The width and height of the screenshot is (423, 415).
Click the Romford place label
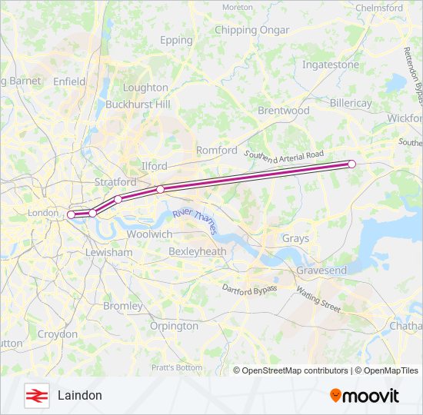point(217,151)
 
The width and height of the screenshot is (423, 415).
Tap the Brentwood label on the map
point(283,111)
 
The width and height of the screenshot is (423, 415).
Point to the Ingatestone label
point(331,65)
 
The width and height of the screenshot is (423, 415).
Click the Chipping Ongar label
point(252,30)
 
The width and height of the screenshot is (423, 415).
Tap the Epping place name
point(176,40)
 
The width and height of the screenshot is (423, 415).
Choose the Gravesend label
point(321,271)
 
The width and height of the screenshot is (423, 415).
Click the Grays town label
point(295,238)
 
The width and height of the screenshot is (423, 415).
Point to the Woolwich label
point(149,234)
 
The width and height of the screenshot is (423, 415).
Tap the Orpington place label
point(175,326)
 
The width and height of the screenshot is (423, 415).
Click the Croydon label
point(58,334)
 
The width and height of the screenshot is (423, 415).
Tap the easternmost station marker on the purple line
point(351,164)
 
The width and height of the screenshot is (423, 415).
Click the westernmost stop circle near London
point(71,215)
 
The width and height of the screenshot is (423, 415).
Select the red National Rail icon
point(36,395)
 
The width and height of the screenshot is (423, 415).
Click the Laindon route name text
point(79,395)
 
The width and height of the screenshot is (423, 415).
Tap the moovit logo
point(365,396)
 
